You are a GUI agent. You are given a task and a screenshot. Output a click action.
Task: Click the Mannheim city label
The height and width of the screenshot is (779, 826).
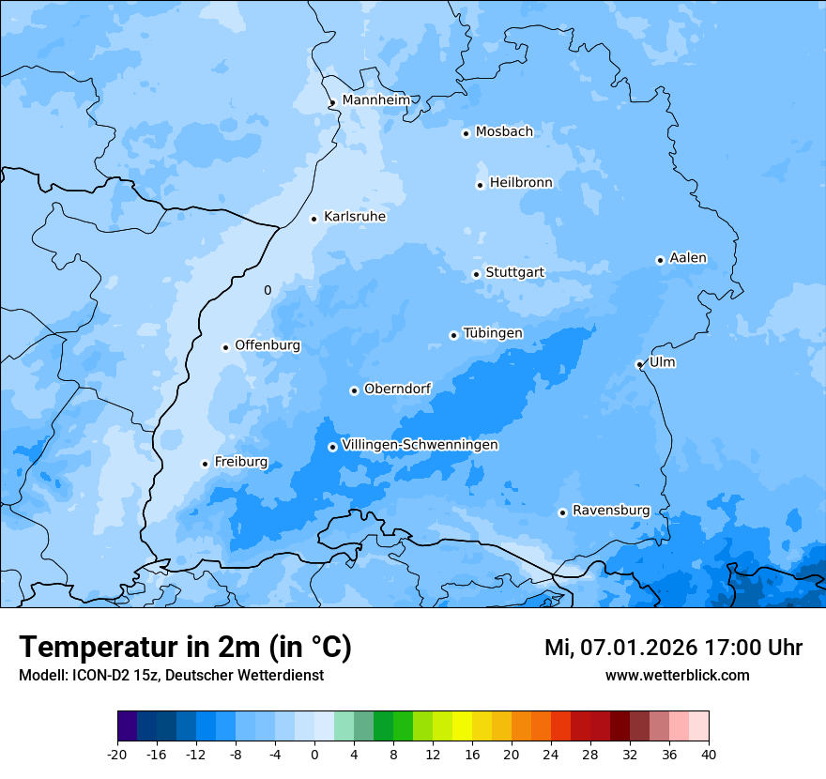click(x=375, y=99)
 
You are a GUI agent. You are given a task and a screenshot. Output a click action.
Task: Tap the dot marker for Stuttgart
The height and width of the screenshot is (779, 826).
click(x=476, y=274)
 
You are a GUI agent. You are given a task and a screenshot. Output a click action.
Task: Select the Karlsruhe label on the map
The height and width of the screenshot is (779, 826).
click(x=355, y=217)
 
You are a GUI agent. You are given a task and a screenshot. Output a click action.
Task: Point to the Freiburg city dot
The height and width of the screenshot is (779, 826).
click(x=205, y=464)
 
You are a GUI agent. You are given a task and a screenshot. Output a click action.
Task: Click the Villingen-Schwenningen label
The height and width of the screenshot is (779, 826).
click(x=420, y=445)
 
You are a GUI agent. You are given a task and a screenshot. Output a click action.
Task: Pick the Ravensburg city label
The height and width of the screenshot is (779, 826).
click(x=611, y=511)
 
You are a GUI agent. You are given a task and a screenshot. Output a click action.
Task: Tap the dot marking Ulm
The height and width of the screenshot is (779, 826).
click(x=639, y=364)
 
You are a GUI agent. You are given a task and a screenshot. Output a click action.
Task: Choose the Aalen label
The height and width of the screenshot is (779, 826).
click(x=688, y=258)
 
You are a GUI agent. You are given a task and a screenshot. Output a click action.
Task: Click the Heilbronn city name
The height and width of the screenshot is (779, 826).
click(x=521, y=183)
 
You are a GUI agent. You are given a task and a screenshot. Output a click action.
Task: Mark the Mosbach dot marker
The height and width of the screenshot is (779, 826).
click(x=466, y=133)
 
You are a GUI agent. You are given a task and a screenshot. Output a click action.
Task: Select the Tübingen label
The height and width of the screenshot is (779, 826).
click(x=493, y=333)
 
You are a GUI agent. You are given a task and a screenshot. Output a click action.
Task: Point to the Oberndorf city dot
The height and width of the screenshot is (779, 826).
click(x=354, y=390)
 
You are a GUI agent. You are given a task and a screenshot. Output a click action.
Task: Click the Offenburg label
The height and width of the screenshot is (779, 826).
click(x=268, y=345)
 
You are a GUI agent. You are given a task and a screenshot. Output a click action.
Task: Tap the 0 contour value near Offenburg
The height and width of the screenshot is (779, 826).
click(x=268, y=291)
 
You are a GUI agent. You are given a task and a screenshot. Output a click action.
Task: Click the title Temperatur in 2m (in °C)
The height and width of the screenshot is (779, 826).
click(x=185, y=647)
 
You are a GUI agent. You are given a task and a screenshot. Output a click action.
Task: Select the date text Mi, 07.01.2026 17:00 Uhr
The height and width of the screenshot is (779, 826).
click(x=673, y=648)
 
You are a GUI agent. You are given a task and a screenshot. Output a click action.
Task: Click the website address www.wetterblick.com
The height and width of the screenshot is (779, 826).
click(x=677, y=676)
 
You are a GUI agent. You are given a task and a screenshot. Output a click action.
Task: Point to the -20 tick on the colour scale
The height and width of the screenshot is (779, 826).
click(x=117, y=755)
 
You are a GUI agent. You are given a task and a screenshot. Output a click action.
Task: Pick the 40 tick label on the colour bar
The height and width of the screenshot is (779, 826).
click(x=708, y=755)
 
